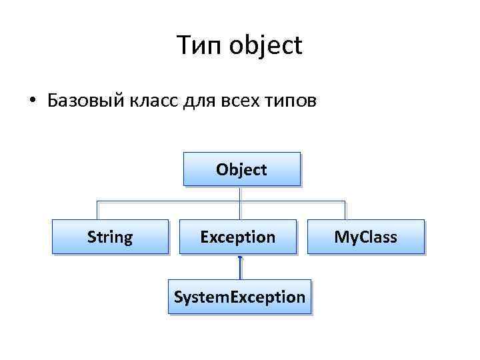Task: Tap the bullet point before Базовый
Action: [31, 102]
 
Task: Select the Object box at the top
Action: [241, 169]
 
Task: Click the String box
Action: [110, 237]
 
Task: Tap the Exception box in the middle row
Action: [238, 237]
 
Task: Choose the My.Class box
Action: [365, 237]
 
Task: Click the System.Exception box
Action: [239, 297]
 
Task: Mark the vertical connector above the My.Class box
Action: [345, 210]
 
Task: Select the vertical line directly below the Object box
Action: [239, 193]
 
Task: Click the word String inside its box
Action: [110, 237]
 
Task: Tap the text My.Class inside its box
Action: [365, 237]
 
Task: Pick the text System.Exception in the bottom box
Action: [239, 297]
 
